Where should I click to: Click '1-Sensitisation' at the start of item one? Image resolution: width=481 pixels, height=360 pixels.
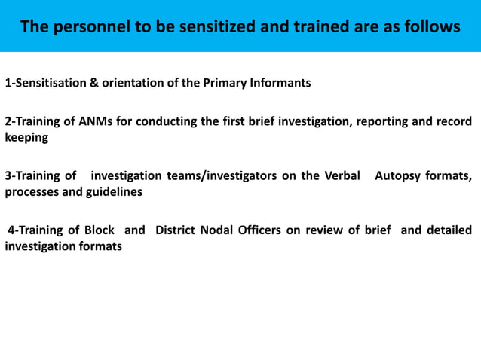coord(45,83)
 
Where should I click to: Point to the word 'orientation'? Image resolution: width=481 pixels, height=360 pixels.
coord(133,83)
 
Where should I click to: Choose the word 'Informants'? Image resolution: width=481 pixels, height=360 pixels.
coord(279,83)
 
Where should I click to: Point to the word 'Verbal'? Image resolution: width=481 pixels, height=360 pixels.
coord(339,176)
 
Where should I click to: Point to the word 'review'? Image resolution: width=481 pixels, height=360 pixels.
coord(326,230)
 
